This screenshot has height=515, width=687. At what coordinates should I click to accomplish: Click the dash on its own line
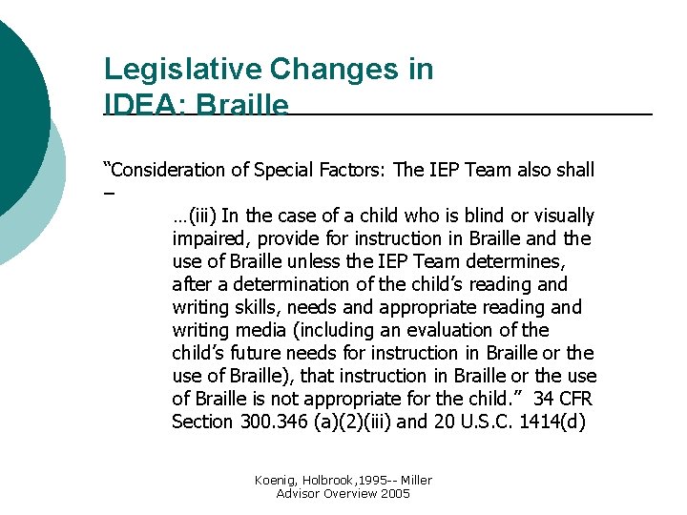click(x=110, y=194)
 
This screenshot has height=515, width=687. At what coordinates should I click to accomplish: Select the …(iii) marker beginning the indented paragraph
click(x=195, y=216)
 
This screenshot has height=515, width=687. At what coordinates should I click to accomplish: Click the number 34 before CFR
click(x=545, y=400)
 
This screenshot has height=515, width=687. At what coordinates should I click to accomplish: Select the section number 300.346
click(x=270, y=422)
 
